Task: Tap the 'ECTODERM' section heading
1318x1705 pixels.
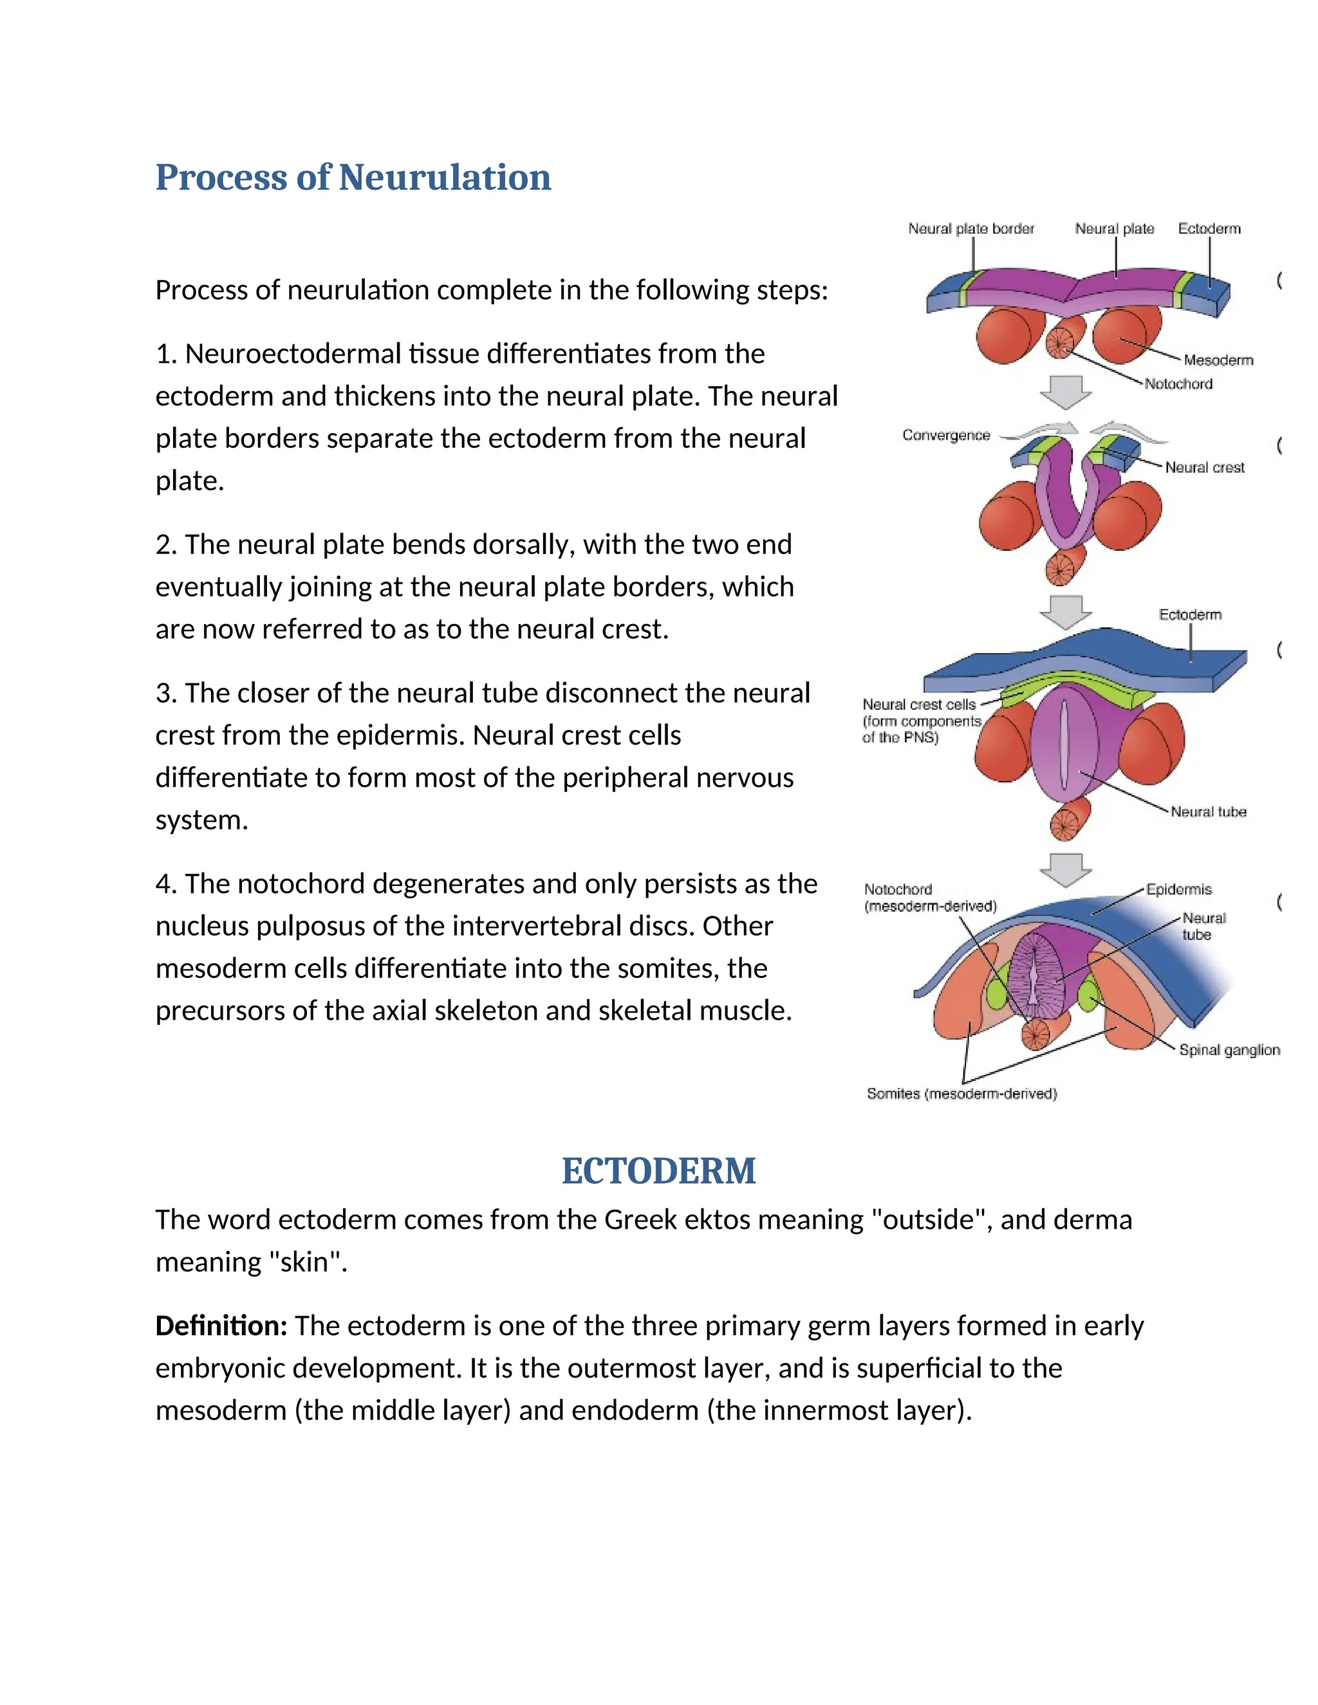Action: [x=658, y=1171]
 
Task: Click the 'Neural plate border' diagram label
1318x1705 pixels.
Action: [x=970, y=229]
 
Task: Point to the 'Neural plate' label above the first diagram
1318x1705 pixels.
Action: [x=1114, y=229]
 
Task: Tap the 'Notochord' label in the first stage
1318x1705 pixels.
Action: [x=1178, y=383]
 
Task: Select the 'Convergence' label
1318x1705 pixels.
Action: [x=945, y=435]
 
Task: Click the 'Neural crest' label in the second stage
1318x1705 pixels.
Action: [x=1204, y=467]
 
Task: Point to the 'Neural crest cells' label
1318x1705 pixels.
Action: [x=919, y=704]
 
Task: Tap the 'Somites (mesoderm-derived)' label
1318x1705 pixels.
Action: [x=961, y=1094]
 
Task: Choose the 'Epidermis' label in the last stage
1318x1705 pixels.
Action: [x=1179, y=889]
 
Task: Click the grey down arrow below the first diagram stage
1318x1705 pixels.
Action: [x=1066, y=391]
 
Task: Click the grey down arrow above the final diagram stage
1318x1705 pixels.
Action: [x=1066, y=869]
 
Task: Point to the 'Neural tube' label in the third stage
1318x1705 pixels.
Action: [x=1208, y=812]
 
